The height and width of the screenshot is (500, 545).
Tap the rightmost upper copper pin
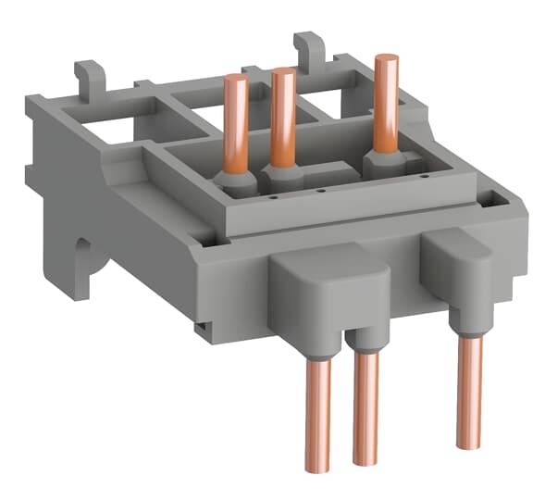tap(386, 102)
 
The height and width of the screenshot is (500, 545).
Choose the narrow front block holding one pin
tap(459, 269)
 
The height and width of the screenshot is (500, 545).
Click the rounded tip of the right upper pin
tap(386, 59)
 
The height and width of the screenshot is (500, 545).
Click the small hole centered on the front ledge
tap(319, 192)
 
